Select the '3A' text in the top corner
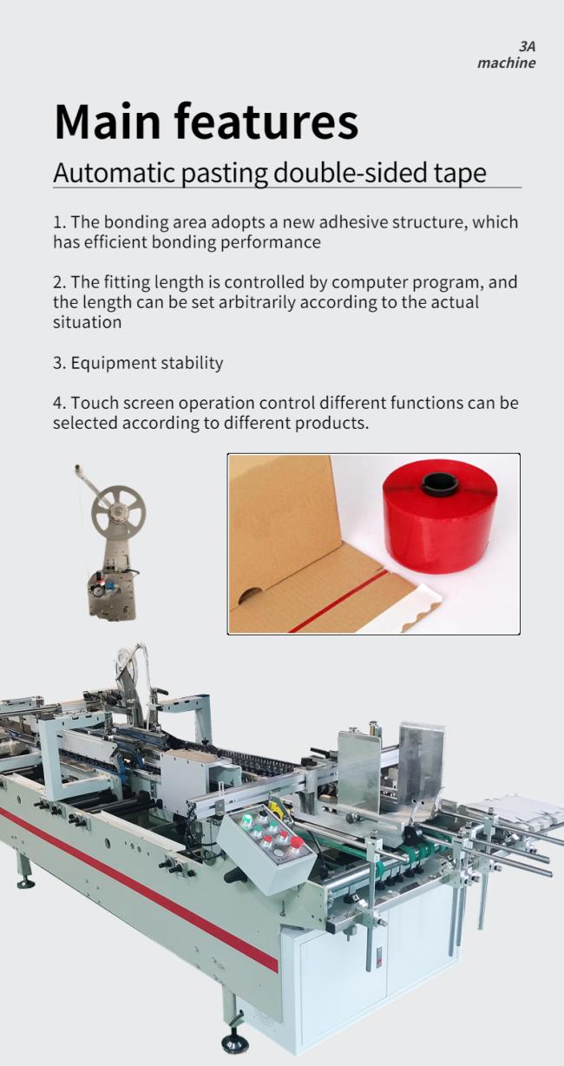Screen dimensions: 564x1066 point(527,47)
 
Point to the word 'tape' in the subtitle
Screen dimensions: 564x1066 point(460,174)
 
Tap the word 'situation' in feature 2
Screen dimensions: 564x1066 point(88,322)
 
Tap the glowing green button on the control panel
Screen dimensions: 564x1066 point(246,819)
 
